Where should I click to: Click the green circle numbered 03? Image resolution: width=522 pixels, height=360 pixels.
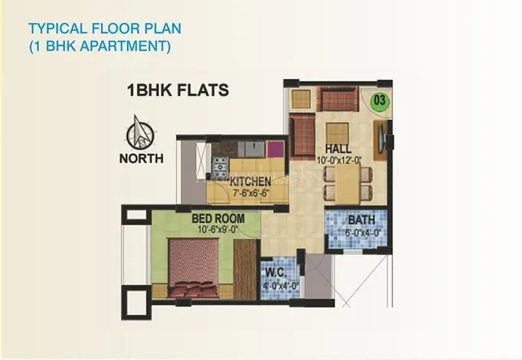pyautogui.click(x=380, y=100)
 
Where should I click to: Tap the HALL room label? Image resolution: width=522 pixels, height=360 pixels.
pyautogui.click(x=338, y=149)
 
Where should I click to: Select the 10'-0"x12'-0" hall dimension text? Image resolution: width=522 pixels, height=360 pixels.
pyautogui.click(x=339, y=161)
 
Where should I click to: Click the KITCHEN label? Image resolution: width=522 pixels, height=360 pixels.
pyautogui.click(x=250, y=182)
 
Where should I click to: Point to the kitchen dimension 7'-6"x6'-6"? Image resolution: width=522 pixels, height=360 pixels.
pyautogui.click(x=250, y=193)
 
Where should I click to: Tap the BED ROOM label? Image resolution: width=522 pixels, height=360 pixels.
pyautogui.click(x=218, y=218)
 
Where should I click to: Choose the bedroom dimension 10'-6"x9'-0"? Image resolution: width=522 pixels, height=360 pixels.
pyautogui.click(x=218, y=230)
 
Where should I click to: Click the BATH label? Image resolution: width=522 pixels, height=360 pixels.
pyautogui.click(x=361, y=220)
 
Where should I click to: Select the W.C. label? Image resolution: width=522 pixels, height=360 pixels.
pyautogui.click(x=276, y=273)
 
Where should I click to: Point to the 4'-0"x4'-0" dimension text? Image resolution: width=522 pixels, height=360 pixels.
pyautogui.click(x=281, y=286)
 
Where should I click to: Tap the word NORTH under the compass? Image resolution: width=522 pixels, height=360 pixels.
pyautogui.click(x=142, y=159)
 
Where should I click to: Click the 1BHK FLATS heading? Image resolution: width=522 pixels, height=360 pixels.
pyautogui.click(x=178, y=90)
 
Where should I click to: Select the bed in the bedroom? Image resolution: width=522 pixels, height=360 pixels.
pyautogui.click(x=194, y=267)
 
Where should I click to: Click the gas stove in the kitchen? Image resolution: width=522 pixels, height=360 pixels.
pyautogui.click(x=220, y=167)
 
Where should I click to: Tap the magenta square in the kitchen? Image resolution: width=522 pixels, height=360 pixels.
pyautogui.click(x=275, y=149)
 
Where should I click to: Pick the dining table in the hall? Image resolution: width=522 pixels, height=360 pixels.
pyautogui.click(x=348, y=184)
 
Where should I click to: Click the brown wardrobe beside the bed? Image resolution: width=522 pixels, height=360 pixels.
pyautogui.click(x=245, y=269)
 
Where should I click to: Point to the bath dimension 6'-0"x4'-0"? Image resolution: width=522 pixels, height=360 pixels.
pyautogui.click(x=363, y=233)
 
